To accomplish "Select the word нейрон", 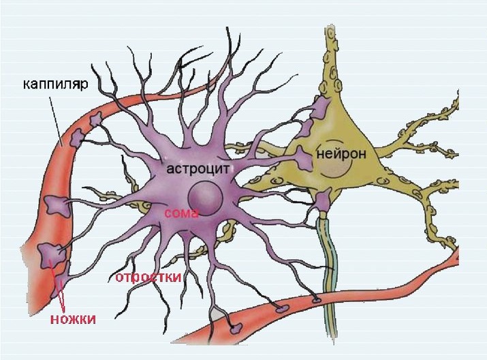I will (x=342, y=154).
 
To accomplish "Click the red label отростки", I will (x=148, y=277).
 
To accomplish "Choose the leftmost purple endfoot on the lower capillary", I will (x=234, y=329).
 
